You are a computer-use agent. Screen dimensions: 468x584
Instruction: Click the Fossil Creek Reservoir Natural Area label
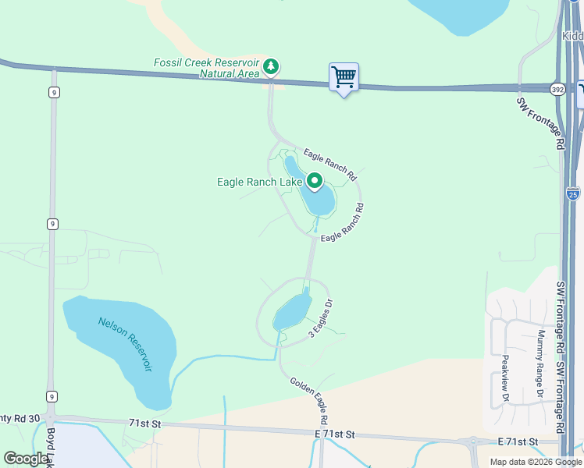[x=205, y=68]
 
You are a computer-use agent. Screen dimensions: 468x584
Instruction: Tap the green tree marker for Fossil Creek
[x=271, y=66]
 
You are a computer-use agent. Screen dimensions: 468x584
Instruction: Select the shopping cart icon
[x=344, y=77]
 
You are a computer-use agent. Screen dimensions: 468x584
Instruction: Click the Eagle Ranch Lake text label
[x=259, y=182]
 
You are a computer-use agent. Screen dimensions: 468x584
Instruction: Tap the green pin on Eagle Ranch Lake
[x=315, y=181]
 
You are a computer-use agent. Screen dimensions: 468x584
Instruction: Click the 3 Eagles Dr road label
[x=321, y=317]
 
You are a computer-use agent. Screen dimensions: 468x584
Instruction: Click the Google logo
[x=26, y=459]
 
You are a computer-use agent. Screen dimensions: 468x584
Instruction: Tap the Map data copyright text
[x=536, y=462]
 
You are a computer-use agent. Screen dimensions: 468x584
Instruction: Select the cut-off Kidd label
[x=572, y=36]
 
